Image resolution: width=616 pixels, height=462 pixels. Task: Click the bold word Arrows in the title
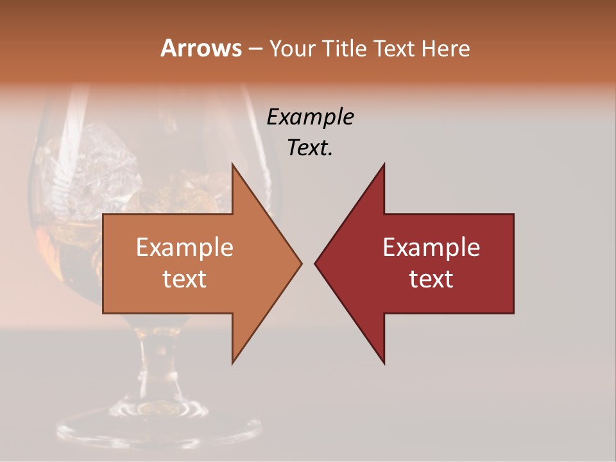[200, 48]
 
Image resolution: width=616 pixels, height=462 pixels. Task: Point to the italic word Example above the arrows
[310, 117]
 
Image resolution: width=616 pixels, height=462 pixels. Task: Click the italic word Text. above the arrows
[310, 148]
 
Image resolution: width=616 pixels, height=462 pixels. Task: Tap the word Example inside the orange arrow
[185, 248]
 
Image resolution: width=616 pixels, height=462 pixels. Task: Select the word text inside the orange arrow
[185, 279]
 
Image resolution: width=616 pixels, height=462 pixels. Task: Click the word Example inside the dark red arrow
[431, 248]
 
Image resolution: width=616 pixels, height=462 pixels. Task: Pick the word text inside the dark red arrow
[431, 279]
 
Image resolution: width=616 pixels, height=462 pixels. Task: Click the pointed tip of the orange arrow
[300, 263]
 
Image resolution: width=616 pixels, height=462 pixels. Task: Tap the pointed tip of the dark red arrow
[316, 263]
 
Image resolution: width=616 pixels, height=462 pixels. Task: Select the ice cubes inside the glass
[109, 160]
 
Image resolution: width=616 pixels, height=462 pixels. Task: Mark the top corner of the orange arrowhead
[233, 165]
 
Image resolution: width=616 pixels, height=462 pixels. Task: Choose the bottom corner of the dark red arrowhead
[384, 363]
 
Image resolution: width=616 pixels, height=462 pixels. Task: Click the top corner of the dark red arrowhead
[384, 165]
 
